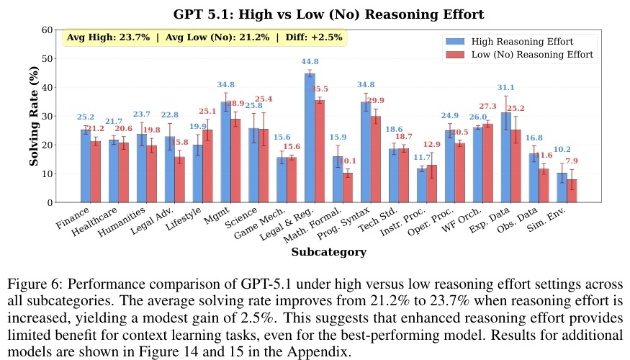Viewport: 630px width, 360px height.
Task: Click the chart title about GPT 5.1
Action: click(328, 14)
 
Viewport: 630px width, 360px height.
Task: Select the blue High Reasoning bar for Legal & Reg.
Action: click(310, 138)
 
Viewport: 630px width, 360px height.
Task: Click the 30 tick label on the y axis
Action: click(48, 116)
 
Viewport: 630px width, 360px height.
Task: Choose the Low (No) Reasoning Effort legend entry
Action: click(532, 54)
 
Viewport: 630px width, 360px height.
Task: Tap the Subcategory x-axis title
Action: click(328, 252)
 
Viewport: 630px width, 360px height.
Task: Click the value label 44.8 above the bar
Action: click(310, 62)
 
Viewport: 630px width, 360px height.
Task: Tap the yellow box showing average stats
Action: click(204, 37)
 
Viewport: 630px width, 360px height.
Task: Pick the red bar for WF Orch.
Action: click(488, 163)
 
